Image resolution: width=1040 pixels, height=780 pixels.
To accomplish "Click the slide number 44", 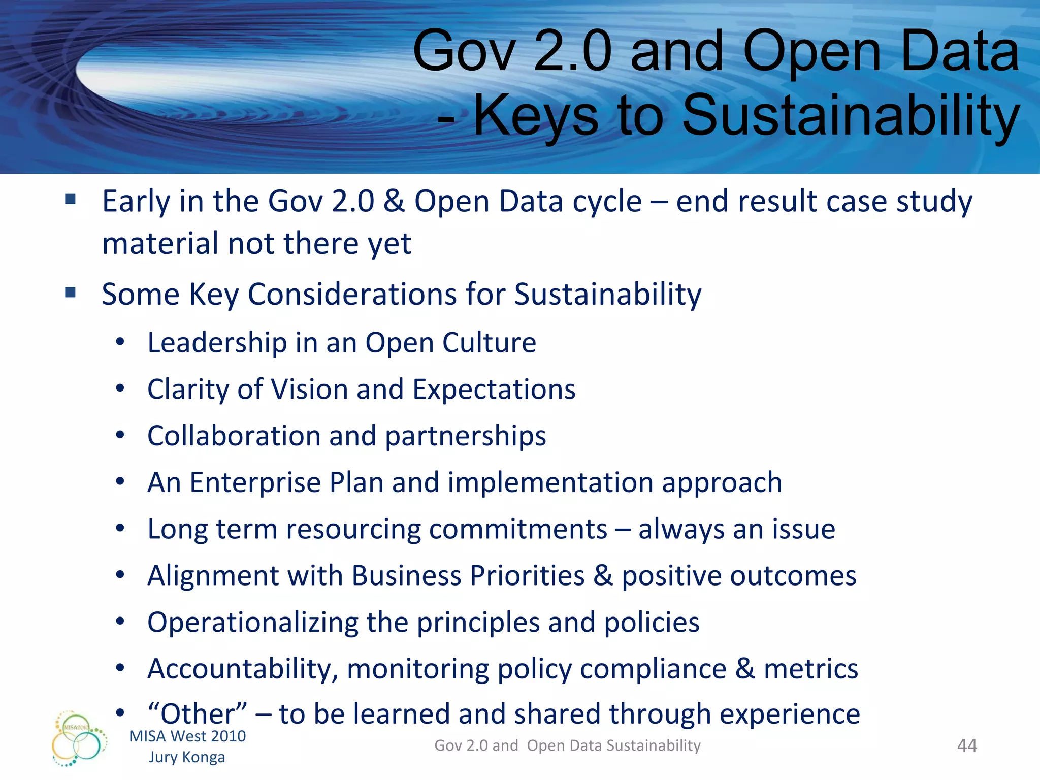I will pos(967,745).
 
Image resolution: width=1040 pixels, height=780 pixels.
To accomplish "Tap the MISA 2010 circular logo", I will pos(79,739).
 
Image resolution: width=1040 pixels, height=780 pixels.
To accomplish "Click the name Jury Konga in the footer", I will pos(187,757).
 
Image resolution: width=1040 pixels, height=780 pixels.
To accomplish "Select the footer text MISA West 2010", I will pos(187,736).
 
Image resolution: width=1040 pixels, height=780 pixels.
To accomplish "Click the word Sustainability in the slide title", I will pos(850,116).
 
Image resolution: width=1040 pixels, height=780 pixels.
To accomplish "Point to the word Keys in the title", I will pos(536,116).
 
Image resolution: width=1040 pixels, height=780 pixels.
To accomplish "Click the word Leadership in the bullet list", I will pos(217,343).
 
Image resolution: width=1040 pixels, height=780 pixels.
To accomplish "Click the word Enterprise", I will pos(255,482).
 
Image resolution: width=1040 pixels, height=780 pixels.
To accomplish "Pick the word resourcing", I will pos(353,529).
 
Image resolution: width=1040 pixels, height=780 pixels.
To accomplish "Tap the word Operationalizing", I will pos(253,623).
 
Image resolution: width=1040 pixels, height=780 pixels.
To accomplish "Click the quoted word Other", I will pos(198,714).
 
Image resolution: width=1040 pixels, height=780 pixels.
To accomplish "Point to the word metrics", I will pos(811,669).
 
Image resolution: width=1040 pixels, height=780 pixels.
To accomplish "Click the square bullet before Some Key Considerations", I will pos(70,292).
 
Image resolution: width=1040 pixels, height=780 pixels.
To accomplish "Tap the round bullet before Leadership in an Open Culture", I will pos(120,342).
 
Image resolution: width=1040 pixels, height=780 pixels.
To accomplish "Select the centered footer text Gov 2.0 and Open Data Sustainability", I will pos(567,745).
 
